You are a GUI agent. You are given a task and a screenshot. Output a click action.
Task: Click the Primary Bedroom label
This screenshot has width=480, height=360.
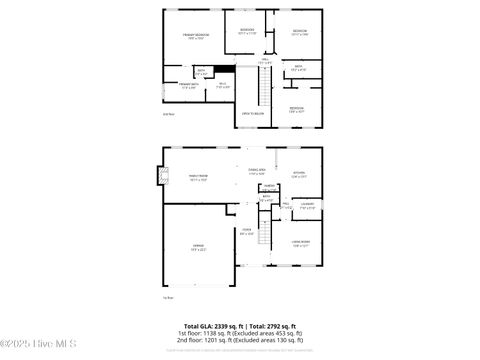pos(195,36)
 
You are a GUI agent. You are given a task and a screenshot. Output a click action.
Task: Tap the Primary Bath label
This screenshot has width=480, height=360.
pos(188,85)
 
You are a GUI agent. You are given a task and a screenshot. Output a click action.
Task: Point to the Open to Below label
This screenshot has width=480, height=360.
pos(252,114)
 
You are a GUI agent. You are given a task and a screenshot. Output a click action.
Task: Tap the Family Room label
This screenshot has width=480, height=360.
pos(198,177)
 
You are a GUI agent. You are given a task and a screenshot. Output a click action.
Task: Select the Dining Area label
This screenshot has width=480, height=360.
pos(257,171)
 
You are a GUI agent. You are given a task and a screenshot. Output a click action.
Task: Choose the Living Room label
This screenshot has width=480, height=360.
pos(300,243)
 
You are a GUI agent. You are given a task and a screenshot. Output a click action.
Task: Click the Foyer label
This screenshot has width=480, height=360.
pos(246,232)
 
